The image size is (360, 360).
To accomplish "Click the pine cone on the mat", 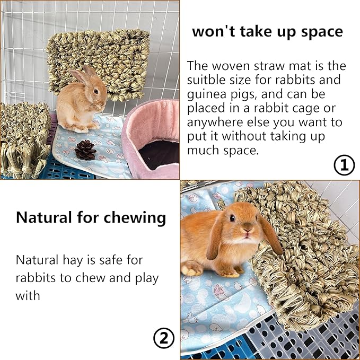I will (85, 150).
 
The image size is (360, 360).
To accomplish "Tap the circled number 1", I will (344, 165).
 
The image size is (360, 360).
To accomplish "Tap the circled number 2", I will (164, 338).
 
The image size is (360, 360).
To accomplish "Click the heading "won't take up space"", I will (267, 31).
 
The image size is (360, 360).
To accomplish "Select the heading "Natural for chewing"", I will (91, 217).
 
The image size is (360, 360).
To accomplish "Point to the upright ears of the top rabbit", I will (84, 74).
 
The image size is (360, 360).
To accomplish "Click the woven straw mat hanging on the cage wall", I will (98, 61).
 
